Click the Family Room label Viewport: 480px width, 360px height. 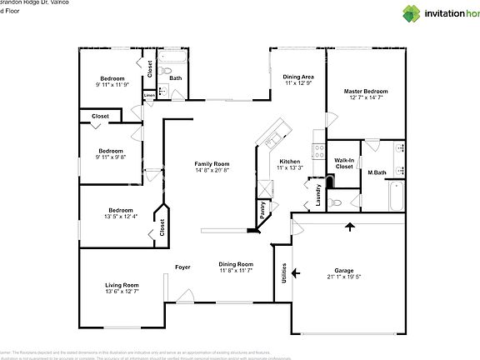(212, 164)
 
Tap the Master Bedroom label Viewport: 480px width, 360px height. (366, 91)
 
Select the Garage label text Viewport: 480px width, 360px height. (344, 270)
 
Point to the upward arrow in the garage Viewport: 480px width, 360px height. (350, 226)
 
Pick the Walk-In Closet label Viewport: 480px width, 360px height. (344, 162)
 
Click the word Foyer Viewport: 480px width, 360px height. (182, 267)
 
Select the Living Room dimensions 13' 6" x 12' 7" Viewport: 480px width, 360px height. (122, 292)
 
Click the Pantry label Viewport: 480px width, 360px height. (262, 210)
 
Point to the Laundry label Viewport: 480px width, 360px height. (318, 194)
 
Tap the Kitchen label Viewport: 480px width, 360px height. (289, 162)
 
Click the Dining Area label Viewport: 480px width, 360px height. (297, 77)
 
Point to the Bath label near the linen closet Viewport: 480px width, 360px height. (176, 78)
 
